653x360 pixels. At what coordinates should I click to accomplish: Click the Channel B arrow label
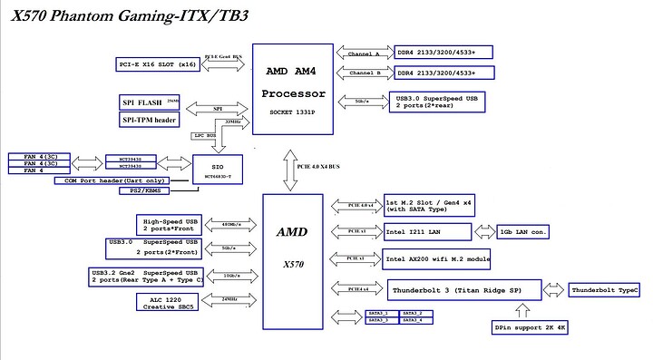(x=365, y=73)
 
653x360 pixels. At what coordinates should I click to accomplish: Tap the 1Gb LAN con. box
(x=523, y=232)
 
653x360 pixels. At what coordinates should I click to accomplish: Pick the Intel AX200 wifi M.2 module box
(x=437, y=259)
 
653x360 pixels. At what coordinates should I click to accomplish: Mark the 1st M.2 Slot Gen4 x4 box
(x=432, y=207)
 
